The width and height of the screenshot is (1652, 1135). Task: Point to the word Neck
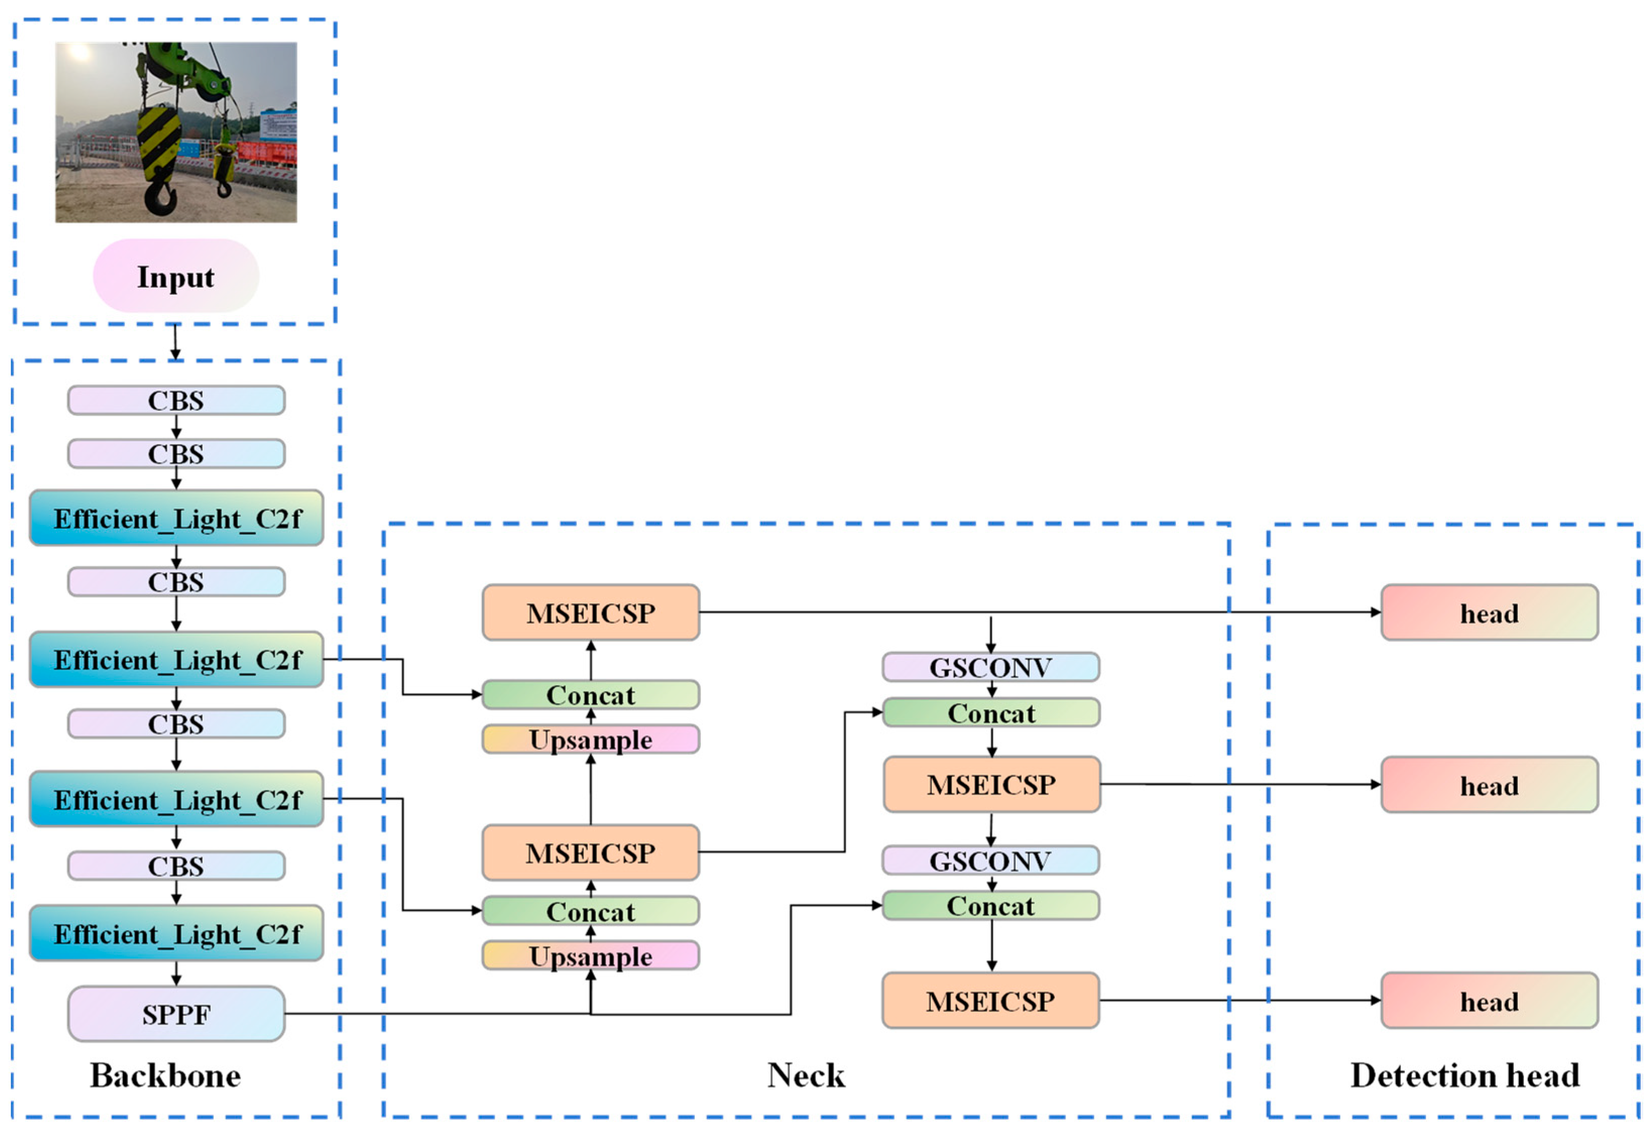click(x=805, y=1075)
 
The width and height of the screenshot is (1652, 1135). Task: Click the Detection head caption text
click(x=1464, y=1075)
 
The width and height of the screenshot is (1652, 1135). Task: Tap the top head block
click(x=1489, y=613)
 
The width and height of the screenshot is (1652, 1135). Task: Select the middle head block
click(x=1489, y=785)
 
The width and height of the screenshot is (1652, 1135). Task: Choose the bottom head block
click(x=1489, y=1001)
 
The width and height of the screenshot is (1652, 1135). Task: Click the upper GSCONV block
click(x=990, y=667)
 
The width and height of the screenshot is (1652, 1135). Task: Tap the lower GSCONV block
click(x=990, y=860)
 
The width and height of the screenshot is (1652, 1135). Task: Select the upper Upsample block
click(x=591, y=739)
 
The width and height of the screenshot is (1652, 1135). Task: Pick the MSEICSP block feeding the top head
click(x=591, y=613)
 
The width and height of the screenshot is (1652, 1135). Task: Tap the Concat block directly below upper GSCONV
click(x=990, y=713)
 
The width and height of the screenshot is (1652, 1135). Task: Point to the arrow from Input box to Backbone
click(x=175, y=342)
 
